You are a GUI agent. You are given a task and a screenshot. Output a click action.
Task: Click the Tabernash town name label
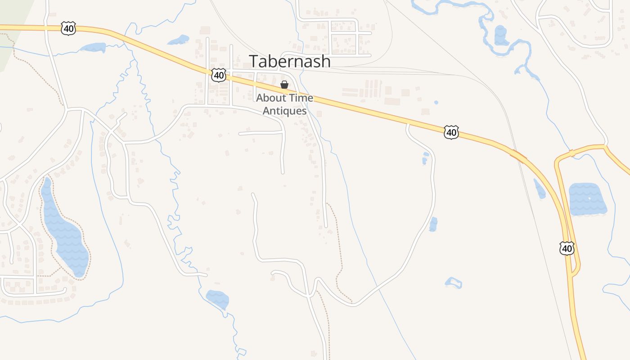pyautogui.click(x=290, y=61)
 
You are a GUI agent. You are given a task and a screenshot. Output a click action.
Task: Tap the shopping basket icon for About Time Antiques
pyautogui.click(x=284, y=85)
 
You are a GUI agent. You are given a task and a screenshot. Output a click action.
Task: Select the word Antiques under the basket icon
pyautogui.click(x=285, y=111)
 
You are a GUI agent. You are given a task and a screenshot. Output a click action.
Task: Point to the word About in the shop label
pyautogui.click(x=270, y=98)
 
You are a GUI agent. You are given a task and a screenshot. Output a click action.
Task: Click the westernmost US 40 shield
pyautogui.click(x=68, y=29)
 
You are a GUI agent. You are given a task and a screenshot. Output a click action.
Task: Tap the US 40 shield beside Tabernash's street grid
pyautogui.click(x=219, y=75)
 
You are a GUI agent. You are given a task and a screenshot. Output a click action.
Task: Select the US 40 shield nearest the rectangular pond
pyautogui.click(x=567, y=248)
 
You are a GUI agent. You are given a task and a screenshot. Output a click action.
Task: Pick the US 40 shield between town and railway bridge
pyautogui.click(x=451, y=132)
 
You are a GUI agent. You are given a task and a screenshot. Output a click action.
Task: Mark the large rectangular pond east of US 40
pyautogui.click(x=587, y=199)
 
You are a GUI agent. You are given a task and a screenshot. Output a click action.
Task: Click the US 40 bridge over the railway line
pyautogui.click(x=517, y=156)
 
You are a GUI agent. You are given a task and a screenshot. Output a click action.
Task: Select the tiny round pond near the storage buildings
pyautogui.click(x=436, y=103)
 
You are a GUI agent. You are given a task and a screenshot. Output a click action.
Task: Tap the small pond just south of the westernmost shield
pyautogui.click(x=94, y=47)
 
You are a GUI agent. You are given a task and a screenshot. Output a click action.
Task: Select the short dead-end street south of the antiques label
pyautogui.click(x=261, y=133)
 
